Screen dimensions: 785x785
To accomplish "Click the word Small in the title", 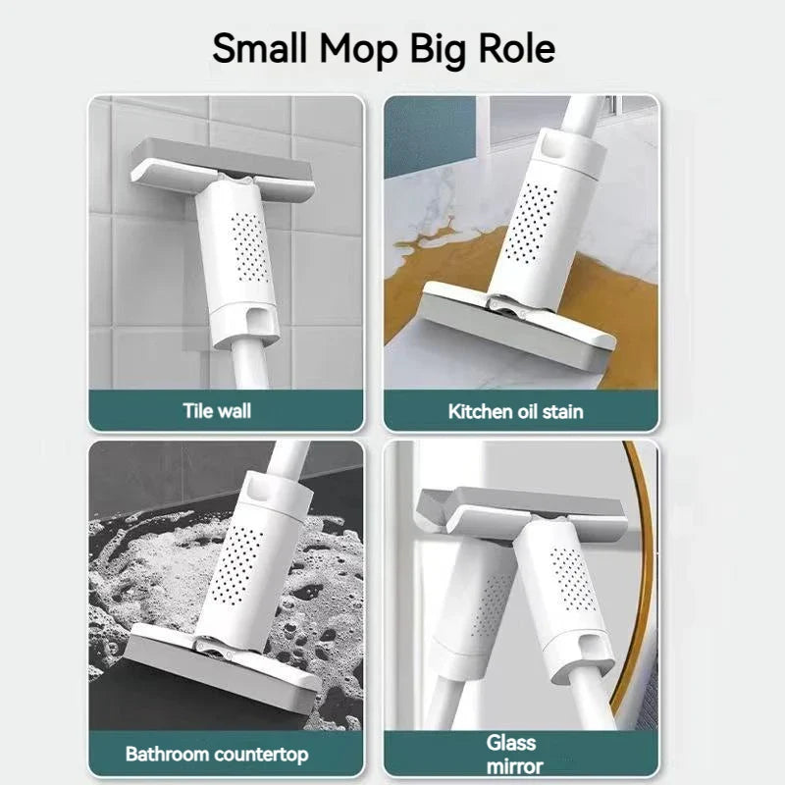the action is (x=259, y=48).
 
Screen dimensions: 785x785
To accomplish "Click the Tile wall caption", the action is (x=217, y=411).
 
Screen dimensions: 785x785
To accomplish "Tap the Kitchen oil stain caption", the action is (x=516, y=411).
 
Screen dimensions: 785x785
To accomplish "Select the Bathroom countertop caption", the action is (x=217, y=754).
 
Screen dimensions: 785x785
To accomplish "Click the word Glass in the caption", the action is (x=510, y=743).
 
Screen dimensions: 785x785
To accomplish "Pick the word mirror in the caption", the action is (x=514, y=766).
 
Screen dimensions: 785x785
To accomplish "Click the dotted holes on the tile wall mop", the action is (x=250, y=247).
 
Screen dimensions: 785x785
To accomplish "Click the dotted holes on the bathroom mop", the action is (x=235, y=565).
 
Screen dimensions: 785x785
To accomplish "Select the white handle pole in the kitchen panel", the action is (x=581, y=113).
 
